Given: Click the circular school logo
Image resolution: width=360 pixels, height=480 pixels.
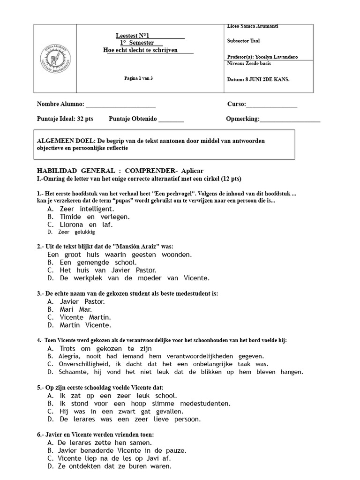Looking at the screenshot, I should click(55, 59).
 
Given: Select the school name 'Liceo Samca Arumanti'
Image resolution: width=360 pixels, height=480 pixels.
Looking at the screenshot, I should click(252, 26).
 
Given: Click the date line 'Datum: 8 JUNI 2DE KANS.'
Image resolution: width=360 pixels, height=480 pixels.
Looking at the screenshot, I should click(258, 79).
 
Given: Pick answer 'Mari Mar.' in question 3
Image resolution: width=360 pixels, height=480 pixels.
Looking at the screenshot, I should click(75, 309).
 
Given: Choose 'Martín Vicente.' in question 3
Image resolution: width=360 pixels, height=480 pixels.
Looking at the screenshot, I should click(85, 325).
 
